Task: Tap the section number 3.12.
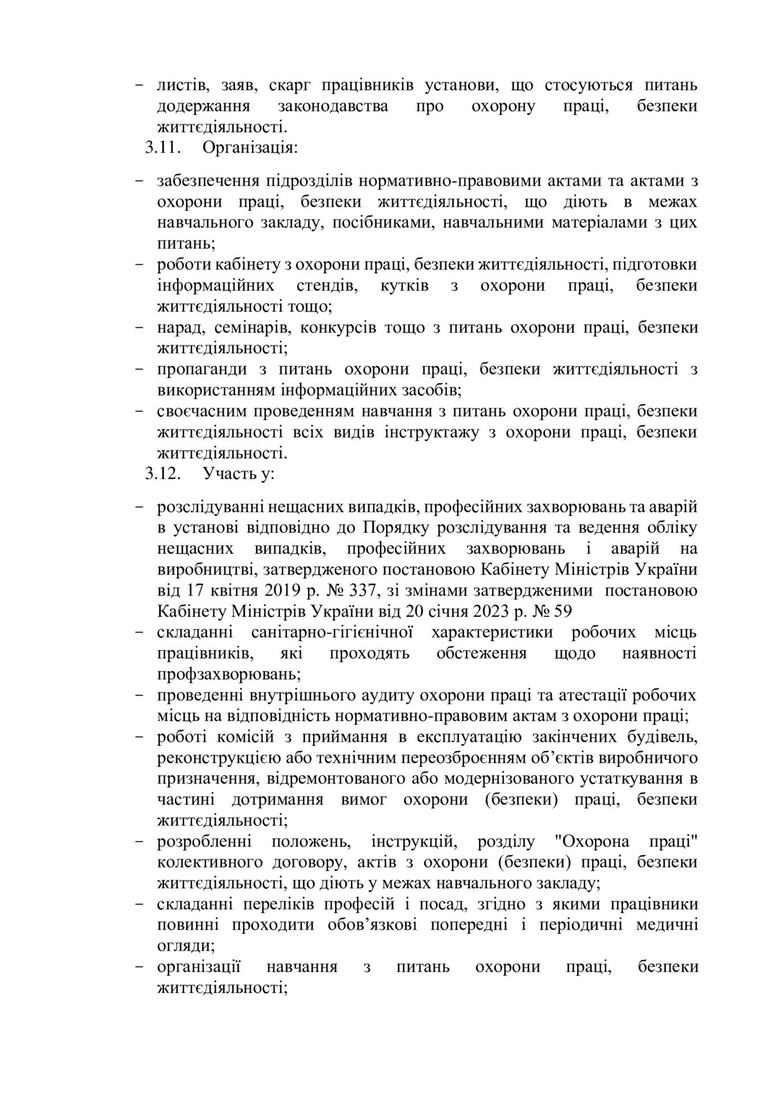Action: click(x=163, y=474)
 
